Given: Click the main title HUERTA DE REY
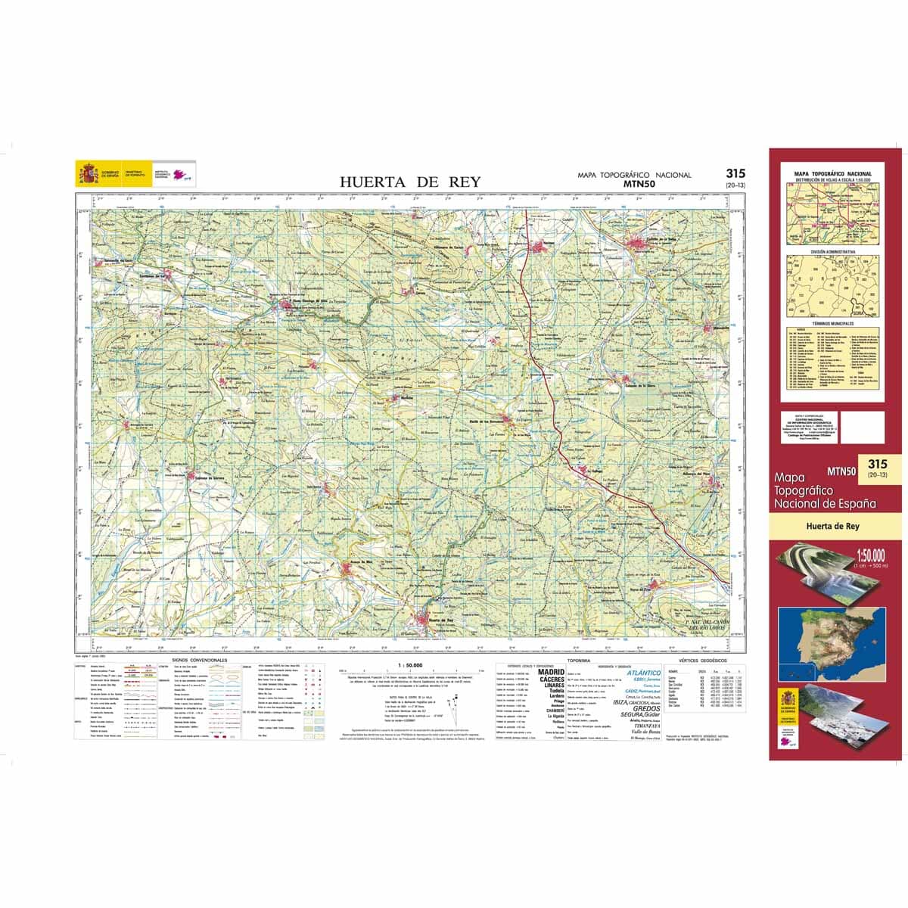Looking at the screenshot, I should (409, 182).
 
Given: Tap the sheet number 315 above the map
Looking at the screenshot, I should (735, 174).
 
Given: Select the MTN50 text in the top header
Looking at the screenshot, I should (639, 183).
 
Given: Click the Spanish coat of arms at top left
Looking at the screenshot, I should (89, 173).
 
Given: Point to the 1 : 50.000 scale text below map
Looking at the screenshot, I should (409, 665).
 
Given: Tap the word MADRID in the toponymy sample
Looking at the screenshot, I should (551, 672).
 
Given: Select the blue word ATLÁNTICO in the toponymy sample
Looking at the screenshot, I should (642, 673).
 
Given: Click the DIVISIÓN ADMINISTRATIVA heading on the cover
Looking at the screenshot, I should (832, 251).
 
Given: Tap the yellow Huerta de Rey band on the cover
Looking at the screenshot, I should (833, 527).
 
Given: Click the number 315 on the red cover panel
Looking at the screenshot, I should (878, 464).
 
